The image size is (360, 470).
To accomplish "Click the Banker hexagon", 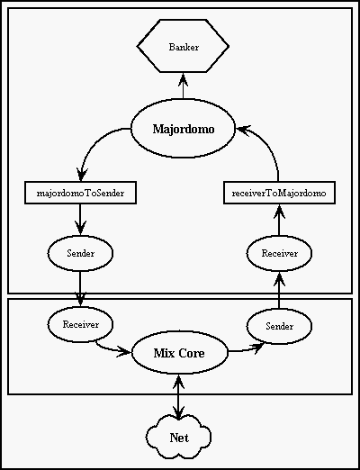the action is click(x=183, y=46).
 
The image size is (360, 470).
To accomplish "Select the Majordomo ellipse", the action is click(x=183, y=129).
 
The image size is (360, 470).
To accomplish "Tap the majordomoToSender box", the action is click(x=80, y=193).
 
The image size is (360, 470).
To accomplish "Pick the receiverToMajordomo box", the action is click(x=279, y=193).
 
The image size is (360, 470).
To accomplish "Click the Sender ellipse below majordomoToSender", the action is click(x=80, y=253).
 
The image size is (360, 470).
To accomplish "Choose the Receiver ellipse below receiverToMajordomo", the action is click(x=279, y=253).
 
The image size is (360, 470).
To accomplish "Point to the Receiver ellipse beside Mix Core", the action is click(x=80, y=324).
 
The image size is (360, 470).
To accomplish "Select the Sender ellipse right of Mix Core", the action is click(x=279, y=326).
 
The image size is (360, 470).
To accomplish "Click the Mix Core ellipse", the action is click(x=179, y=353).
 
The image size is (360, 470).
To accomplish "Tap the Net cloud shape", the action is click(x=179, y=438).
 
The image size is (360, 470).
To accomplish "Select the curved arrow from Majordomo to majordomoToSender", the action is click(x=92, y=145).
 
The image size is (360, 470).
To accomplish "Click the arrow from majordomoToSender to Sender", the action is click(x=80, y=220).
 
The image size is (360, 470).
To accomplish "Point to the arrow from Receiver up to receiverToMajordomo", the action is click(x=279, y=220).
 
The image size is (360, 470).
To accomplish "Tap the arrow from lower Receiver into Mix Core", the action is click(x=112, y=348).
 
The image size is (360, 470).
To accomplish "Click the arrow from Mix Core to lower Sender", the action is click(x=246, y=349).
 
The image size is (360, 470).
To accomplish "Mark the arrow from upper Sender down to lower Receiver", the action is click(x=80, y=289).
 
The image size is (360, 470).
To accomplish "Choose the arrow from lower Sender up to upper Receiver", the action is click(x=279, y=290).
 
